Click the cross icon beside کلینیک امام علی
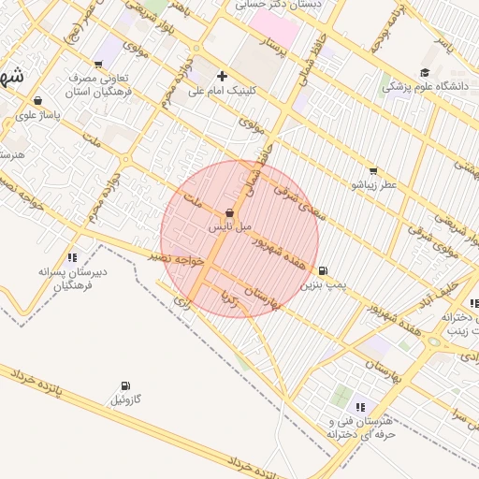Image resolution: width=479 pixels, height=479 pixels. pos(222,77)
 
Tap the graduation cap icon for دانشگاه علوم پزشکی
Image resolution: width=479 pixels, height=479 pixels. pos(425,73)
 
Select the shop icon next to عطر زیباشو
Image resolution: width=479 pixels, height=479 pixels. pos(373,171)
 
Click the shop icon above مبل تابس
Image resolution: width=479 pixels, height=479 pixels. pos(229,213)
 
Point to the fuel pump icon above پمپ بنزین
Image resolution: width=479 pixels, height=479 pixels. pos(323,270)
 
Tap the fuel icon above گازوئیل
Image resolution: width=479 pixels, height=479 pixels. pos(126,385)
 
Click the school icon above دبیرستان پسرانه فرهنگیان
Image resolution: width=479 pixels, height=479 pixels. pos(72,257)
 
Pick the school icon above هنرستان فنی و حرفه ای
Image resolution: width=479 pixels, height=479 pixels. pos(360,406)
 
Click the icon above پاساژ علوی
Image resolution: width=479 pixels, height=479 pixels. pos(36,100)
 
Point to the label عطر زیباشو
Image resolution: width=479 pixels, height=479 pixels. pos(373,185)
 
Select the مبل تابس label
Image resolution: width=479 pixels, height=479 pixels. pos(230,227)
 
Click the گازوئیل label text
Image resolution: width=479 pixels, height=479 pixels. pos(126,400)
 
